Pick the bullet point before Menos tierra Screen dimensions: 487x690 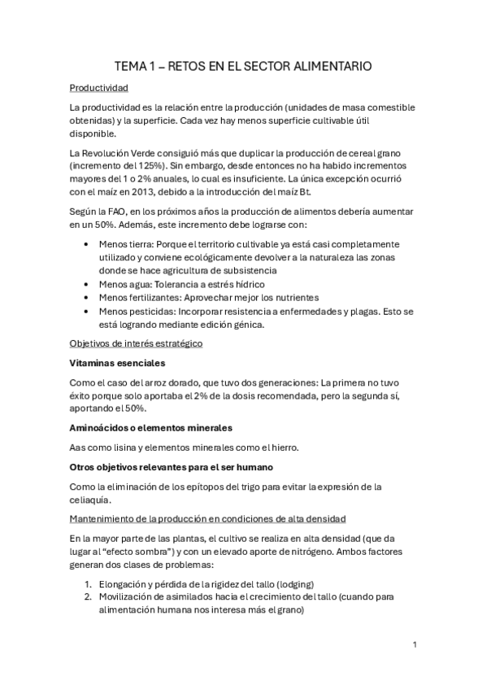87,243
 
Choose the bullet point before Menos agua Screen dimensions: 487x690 87,284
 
